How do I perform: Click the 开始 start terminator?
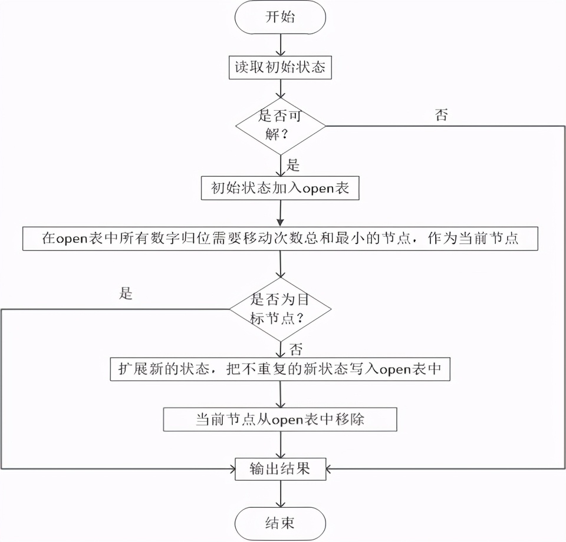point(280,16)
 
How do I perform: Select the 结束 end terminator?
point(280,523)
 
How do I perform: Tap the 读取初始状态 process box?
point(280,67)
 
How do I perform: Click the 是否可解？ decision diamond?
point(280,125)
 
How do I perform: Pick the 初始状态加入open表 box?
point(280,188)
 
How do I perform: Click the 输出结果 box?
point(280,469)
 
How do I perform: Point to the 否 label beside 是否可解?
point(441,115)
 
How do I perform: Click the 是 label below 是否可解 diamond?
point(293,164)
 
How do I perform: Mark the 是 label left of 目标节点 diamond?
point(126,293)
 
